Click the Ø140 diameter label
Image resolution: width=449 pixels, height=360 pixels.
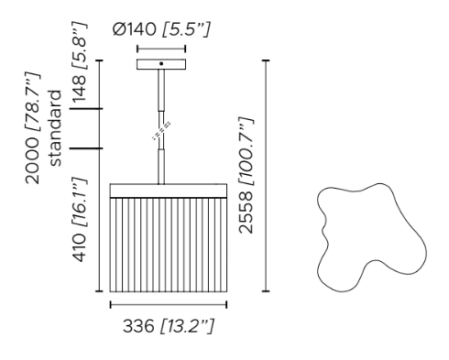[134, 29]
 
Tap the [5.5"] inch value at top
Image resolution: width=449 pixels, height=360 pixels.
[186, 30]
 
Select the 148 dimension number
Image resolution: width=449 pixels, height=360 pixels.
[79, 88]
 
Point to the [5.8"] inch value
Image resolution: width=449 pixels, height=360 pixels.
[80, 46]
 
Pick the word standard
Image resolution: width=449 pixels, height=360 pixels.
[56, 128]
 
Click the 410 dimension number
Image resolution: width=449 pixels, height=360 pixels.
[79, 247]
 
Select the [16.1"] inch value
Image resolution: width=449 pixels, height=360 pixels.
[80, 202]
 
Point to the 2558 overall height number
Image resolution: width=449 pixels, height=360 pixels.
[246, 213]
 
